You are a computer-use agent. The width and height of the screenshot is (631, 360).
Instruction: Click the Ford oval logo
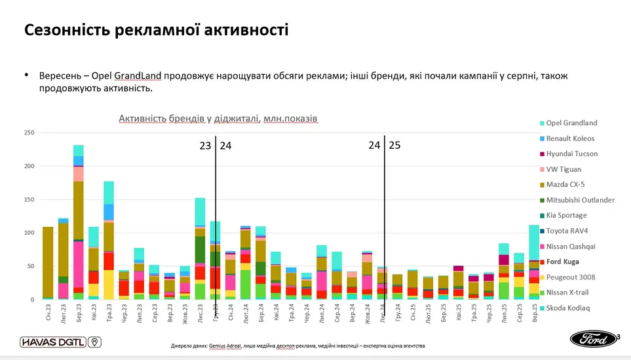click(x=593, y=339)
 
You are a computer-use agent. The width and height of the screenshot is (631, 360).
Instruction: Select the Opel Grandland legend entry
click(x=571, y=123)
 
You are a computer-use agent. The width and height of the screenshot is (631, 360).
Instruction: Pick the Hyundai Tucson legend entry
click(x=571, y=154)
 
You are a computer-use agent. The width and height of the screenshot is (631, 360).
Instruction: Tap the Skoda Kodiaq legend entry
click(x=567, y=308)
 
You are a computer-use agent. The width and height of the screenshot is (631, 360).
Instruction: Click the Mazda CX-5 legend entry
click(x=567, y=185)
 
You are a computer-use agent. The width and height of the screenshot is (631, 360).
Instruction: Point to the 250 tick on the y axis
click(x=29, y=133)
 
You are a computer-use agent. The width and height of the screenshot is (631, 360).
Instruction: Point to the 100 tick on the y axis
click(x=29, y=233)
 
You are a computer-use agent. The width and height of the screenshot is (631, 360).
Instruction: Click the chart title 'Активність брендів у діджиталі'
click(x=218, y=119)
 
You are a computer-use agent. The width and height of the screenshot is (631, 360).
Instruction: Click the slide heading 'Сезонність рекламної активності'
click(x=156, y=30)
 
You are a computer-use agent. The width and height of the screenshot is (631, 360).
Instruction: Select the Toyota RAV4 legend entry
click(x=568, y=231)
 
